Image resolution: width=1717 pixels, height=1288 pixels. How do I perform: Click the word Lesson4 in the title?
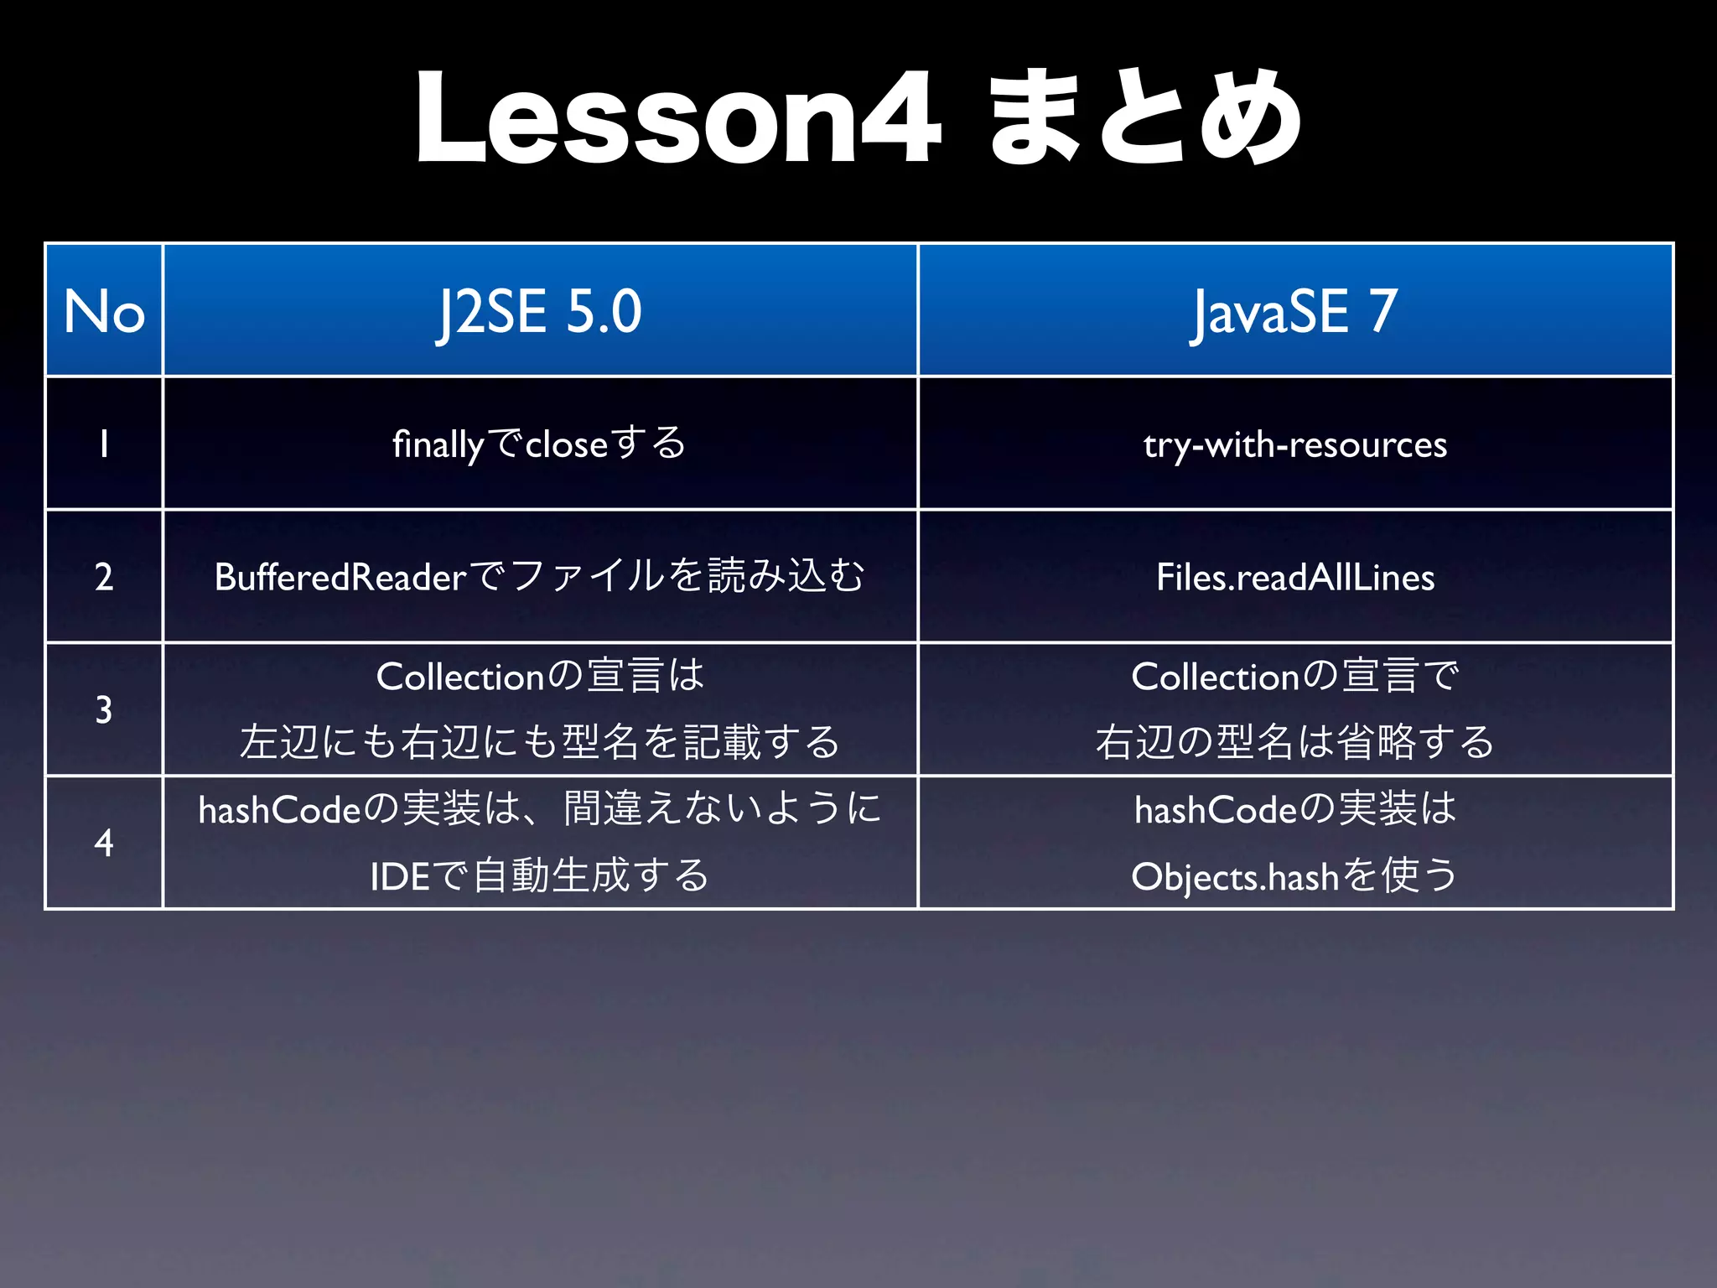point(677,119)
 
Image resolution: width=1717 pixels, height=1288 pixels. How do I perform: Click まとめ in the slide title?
point(1144,119)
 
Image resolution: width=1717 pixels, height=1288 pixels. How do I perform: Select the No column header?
point(104,311)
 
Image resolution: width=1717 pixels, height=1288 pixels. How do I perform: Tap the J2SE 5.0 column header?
point(540,311)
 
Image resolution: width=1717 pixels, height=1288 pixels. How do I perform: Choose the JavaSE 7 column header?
point(1295,311)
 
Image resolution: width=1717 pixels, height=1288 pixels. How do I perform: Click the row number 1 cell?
point(104,444)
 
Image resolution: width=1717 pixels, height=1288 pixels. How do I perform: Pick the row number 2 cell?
point(104,577)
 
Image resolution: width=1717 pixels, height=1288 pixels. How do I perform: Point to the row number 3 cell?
point(104,709)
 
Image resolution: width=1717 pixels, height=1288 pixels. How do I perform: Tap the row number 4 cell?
point(104,843)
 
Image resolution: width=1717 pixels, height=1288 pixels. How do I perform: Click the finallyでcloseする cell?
point(540,444)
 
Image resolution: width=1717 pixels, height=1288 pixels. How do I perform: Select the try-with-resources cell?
point(1295,444)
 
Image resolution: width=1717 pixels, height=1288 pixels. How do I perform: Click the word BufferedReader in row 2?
point(340,577)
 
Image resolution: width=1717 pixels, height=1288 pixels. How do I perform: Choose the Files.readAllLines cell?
point(1295,577)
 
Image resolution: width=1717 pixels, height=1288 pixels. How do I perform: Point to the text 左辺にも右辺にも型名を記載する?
point(540,742)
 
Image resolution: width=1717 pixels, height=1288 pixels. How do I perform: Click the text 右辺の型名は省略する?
point(1295,742)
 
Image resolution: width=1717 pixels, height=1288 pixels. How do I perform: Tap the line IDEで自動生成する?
point(540,876)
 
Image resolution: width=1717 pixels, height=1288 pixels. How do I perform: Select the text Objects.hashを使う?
point(1295,876)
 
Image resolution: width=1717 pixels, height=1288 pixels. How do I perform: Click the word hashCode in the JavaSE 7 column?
point(1216,810)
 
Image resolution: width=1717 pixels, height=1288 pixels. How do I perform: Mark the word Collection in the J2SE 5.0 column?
point(461,677)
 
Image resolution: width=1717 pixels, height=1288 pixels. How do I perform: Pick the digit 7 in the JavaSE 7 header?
point(1383,311)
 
